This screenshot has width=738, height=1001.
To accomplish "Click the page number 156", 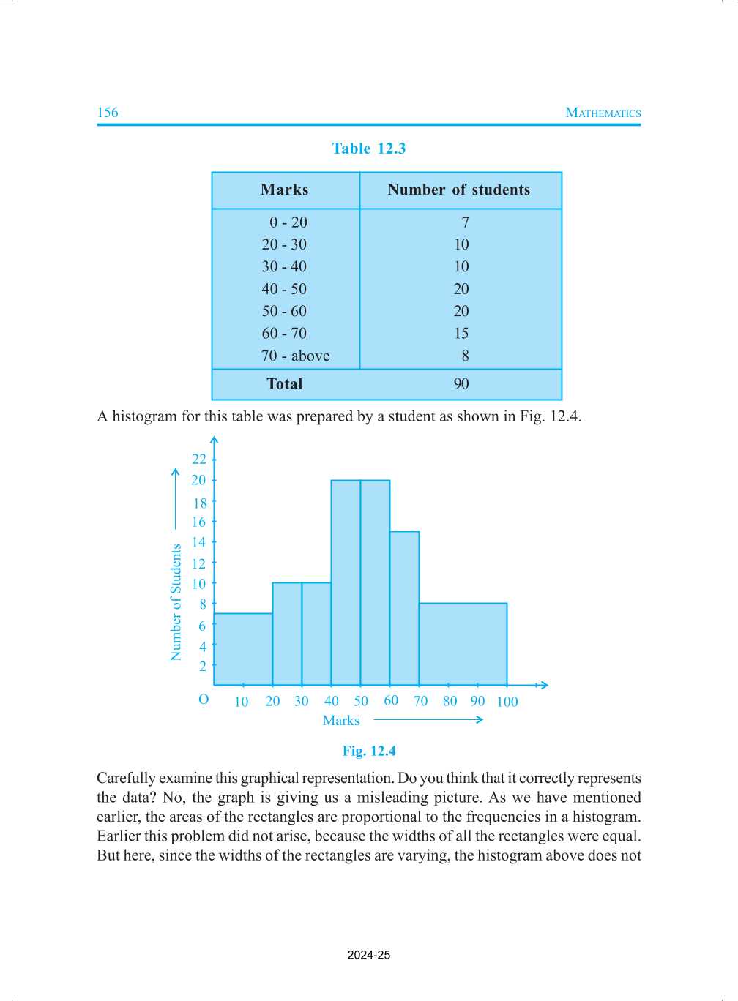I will click(x=108, y=112).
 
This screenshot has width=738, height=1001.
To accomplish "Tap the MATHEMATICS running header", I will click(x=603, y=113).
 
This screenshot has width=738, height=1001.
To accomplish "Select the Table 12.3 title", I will click(x=368, y=149).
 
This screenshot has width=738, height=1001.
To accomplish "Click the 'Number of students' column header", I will click(x=458, y=190).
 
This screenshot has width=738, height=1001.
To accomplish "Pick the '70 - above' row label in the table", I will click(x=295, y=356).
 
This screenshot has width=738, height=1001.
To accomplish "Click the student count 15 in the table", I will click(x=461, y=333).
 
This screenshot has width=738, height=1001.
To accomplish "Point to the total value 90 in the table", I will click(x=461, y=383).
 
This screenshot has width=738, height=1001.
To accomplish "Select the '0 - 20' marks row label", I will click(x=288, y=222).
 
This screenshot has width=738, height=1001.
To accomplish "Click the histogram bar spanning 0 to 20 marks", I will click(x=243, y=649).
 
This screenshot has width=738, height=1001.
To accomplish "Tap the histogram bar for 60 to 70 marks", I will click(x=404, y=608).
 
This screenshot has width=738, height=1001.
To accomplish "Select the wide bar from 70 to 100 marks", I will click(x=463, y=644).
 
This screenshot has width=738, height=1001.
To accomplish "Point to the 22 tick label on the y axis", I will click(x=199, y=459).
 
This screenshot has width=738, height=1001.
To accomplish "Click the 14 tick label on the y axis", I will click(x=199, y=542).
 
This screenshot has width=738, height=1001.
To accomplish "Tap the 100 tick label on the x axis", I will click(x=507, y=702).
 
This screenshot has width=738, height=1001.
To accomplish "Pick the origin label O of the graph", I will click(x=204, y=700).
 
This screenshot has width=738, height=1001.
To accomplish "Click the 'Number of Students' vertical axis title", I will click(x=176, y=602).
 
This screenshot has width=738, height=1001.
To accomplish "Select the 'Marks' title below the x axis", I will click(x=341, y=721).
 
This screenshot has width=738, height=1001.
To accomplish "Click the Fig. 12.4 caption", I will click(x=369, y=751).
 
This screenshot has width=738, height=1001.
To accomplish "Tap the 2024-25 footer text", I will click(x=369, y=955).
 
